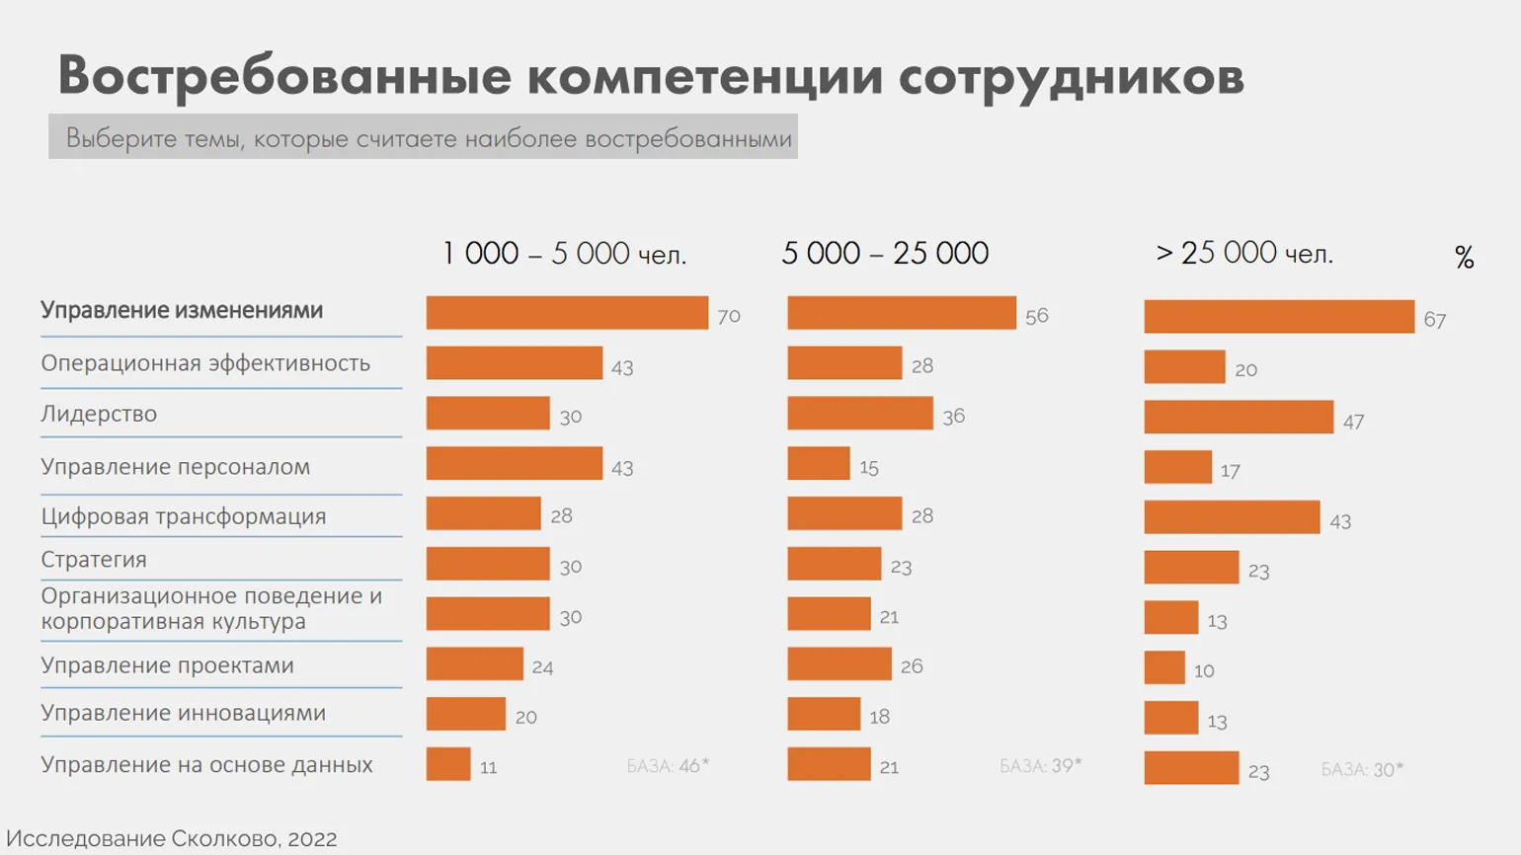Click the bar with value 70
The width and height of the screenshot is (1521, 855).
[567, 313]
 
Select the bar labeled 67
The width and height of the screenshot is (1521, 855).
[1279, 317]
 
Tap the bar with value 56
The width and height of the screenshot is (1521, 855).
[901, 313]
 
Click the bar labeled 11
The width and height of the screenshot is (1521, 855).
[448, 764]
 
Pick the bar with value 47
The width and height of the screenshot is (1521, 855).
[1239, 417]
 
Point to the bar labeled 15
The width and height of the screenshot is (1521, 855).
[818, 463]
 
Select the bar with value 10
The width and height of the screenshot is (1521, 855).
[1164, 667]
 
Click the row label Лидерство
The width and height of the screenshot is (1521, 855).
[99, 414]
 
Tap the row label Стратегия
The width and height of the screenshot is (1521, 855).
[94, 560]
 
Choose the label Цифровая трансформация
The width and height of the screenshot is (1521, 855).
[184, 516]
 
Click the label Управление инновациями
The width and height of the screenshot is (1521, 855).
[184, 713]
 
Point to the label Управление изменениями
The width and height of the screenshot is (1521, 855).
[182, 310]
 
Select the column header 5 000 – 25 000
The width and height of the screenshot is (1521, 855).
[885, 254]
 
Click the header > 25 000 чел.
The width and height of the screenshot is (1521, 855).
[1244, 254]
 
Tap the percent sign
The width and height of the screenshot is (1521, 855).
[1464, 258]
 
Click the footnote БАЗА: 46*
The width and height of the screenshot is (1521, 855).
[668, 765]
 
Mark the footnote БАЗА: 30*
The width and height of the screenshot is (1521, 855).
[1362, 769]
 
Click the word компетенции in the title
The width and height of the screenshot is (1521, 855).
[704, 76]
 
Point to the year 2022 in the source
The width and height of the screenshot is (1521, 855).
[312, 839]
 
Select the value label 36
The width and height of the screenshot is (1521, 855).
[953, 417]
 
